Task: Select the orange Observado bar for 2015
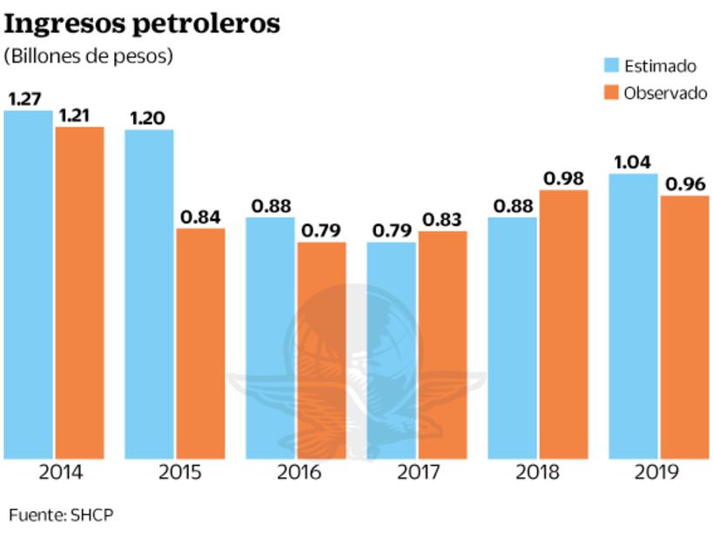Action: coord(200,343)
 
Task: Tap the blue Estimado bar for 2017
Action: coord(391,350)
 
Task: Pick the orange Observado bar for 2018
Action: coord(564,324)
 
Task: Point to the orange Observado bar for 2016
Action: coord(321,350)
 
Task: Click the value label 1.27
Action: coord(26,98)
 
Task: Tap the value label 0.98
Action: coord(563,178)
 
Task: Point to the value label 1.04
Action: coord(633,163)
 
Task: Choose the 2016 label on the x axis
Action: coord(299,474)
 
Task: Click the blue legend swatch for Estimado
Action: coord(611,66)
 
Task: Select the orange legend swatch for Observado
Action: coord(611,93)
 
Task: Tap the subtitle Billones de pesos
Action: coord(89,56)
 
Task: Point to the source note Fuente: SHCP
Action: coord(61,515)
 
